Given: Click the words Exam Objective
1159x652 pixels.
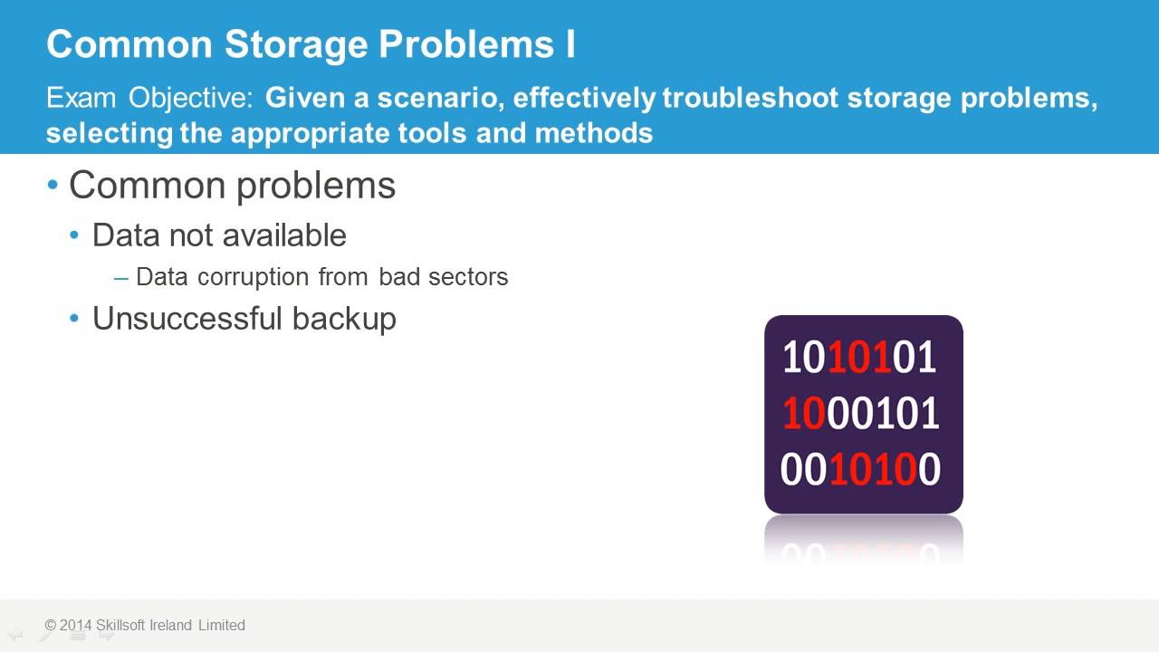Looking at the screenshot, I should pos(149,98).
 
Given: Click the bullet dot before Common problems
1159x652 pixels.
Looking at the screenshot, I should pos(53,185).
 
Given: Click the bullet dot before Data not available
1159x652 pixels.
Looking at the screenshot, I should pos(76,235).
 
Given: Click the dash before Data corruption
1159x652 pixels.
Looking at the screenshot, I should pos(121,277).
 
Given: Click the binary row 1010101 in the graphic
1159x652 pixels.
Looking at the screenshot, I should pos(859,358).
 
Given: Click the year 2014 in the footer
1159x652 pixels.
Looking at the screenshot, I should pos(76,625).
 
